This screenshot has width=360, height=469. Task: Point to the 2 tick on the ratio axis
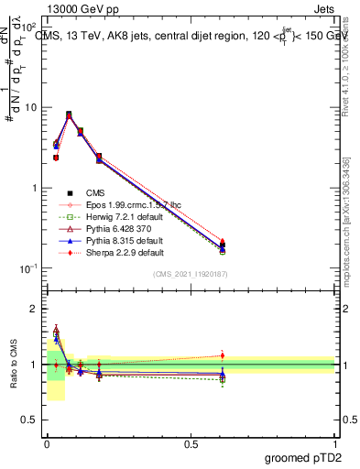pos(34,309)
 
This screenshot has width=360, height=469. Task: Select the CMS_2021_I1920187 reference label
pos(191,275)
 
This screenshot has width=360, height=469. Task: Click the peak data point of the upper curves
pos(69,115)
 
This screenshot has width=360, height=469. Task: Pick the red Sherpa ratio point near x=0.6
pos(222,355)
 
